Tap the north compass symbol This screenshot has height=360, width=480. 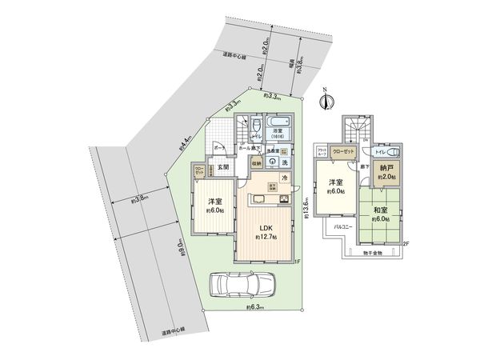[x=324, y=99]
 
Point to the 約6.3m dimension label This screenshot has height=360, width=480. [x=253, y=306]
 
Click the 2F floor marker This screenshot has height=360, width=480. [x=406, y=243]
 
